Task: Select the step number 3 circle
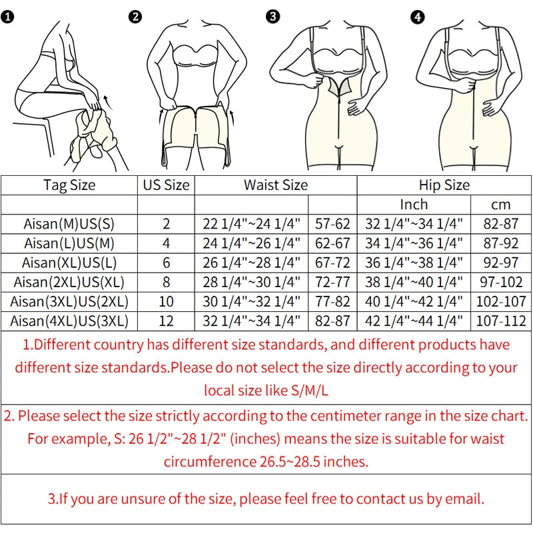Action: pos(273,16)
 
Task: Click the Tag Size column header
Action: pos(69,186)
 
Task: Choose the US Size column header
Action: pos(166,185)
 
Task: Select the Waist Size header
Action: pos(276,185)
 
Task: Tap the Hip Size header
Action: pos(444,186)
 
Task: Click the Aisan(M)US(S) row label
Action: pos(69,224)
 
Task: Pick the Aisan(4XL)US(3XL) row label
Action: pos(69,321)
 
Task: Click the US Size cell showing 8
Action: pos(166,282)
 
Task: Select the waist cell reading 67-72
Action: pos(332,263)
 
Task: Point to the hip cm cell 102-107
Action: pos(501,302)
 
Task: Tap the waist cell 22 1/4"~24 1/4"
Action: pos(252,224)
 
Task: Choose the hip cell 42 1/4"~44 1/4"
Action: pos(414,321)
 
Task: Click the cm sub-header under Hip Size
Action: pos(501,205)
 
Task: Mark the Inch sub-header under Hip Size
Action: pos(414,205)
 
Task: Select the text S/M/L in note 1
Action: pos(310,390)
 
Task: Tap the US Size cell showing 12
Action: pos(166,321)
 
